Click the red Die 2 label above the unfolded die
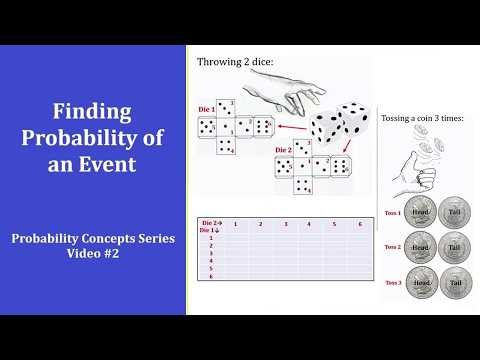coord(285,149)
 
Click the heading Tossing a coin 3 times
coord(426,117)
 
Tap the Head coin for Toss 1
coord(422,212)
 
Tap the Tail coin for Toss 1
coord(456,212)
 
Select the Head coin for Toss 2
coord(422,248)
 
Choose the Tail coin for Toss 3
coord(456,284)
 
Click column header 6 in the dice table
coord(359,225)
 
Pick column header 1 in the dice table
coord(234,225)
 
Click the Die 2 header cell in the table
coord(211,222)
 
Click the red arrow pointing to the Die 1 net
coord(291,128)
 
